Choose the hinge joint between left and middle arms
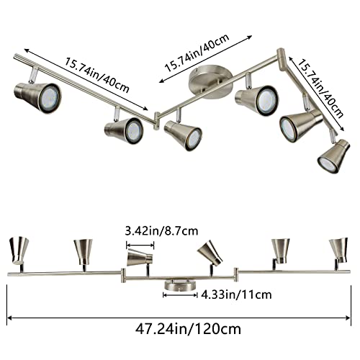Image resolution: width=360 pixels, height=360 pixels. [157, 117]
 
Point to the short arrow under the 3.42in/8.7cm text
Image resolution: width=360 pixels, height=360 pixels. [142, 243]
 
